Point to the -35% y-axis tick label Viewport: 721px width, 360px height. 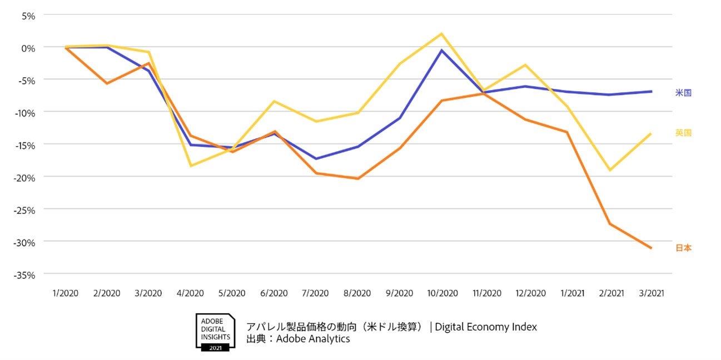[x=23, y=275]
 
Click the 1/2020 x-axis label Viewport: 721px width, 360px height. [x=65, y=293]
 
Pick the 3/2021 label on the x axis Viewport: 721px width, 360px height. [x=650, y=293]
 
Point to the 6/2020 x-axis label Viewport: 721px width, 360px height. [x=274, y=293]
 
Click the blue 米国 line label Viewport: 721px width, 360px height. [x=683, y=93]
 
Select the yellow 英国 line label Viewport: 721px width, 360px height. [x=683, y=133]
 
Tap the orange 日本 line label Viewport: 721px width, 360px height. [x=683, y=248]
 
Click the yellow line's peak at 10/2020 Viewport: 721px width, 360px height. [x=442, y=34]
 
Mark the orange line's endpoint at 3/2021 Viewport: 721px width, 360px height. [x=651, y=248]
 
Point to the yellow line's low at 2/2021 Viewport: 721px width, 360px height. [x=610, y=170]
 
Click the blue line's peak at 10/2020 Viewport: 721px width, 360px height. [x=442, y=51]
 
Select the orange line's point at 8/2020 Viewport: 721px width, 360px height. [x=358, y=178]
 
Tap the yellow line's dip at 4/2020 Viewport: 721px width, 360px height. [x=191, y=166]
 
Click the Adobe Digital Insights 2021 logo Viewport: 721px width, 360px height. [x=215, y=332]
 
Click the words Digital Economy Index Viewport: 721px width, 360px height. [x=486, y=327]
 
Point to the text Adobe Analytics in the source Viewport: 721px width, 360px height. [x=313, y=338]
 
